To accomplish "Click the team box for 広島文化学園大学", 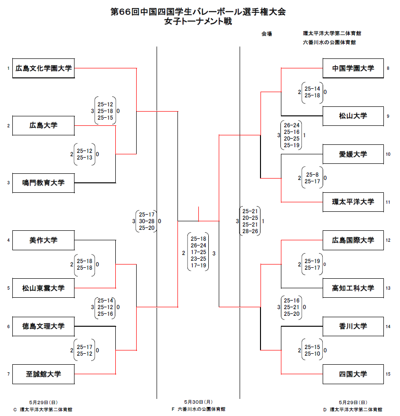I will [44, 68].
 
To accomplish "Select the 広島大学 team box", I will [44, 126].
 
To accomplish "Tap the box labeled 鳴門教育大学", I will [44, 183].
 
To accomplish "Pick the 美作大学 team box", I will [44, 240].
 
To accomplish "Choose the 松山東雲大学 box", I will [44, 288].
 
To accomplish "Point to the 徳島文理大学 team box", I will [44, 326].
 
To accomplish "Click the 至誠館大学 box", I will [44, 374].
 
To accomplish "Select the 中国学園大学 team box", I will [353, 68].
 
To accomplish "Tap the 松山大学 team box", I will [353, 116].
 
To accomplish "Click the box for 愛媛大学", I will [353, 154].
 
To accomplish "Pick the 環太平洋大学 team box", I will [353, 202].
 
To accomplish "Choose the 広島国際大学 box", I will [353, 240].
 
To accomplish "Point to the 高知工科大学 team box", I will [353, 288].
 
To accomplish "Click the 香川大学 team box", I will [353, 326].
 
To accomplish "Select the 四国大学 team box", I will [353, 374].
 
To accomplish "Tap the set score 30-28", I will [145, 221].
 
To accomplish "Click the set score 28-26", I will [250, 231].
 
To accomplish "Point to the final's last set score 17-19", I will [198, 266].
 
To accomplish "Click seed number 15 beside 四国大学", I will [388, 374].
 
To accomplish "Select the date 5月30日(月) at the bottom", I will [198, 402].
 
